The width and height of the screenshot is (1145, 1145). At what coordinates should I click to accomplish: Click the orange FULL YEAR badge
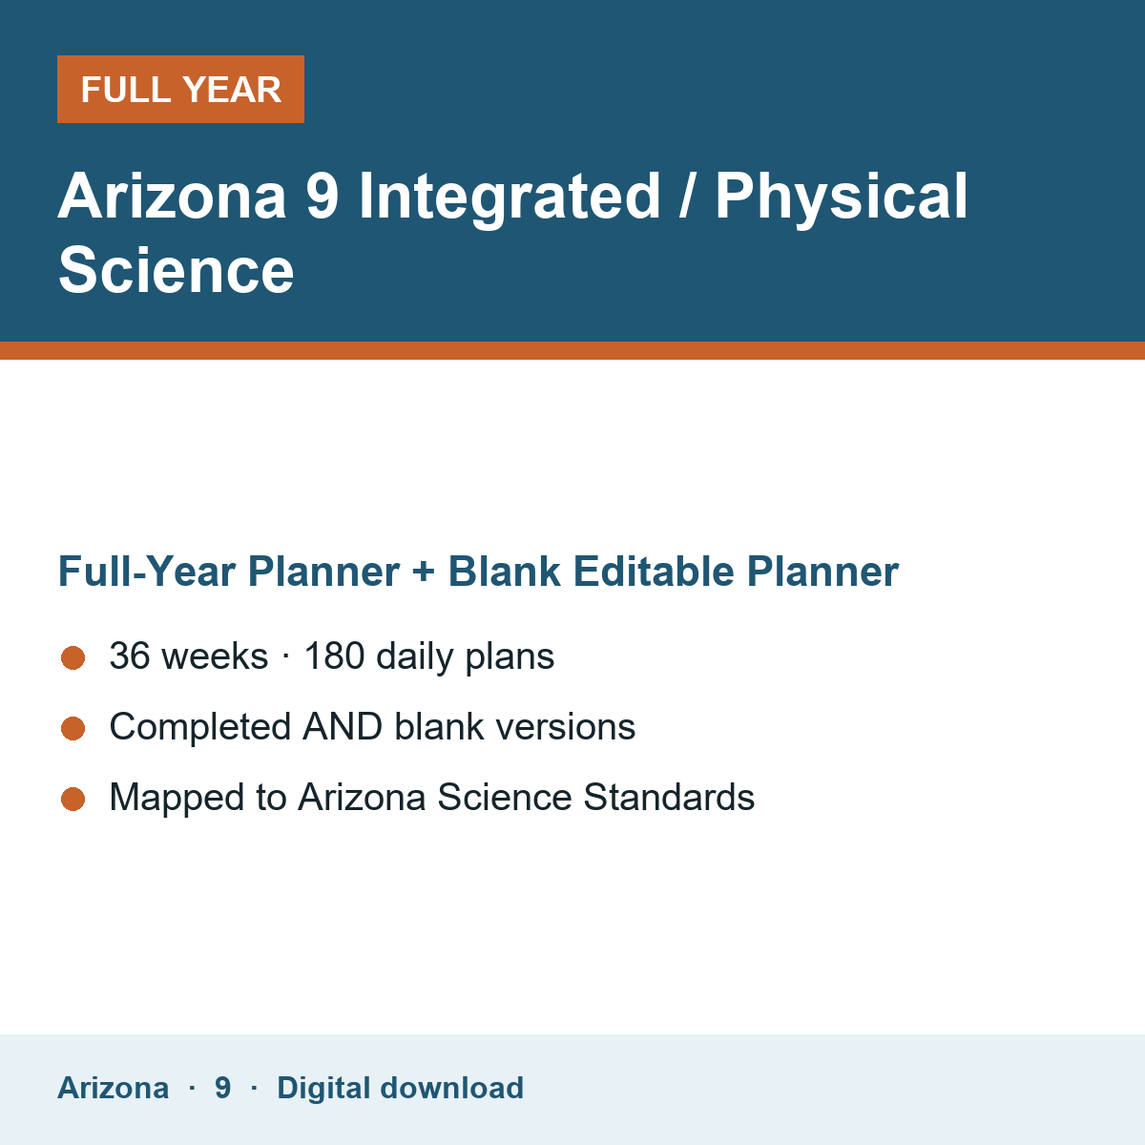(x=180, y=89)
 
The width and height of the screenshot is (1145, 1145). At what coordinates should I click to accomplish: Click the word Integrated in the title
(x=510, y=198)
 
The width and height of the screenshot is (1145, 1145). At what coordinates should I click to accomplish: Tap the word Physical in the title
(x=842, y=198)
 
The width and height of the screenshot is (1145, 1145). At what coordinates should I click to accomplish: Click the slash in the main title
(x=687, y=195)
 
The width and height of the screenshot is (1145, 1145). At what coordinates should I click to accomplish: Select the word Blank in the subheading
(x=504, y=572)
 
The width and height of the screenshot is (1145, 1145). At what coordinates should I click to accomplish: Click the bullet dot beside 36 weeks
(x=73, y=657)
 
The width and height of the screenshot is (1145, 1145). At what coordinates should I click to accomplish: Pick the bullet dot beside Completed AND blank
(x=73, y=728)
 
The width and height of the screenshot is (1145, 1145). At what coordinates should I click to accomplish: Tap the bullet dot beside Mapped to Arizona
(x=73, y=799)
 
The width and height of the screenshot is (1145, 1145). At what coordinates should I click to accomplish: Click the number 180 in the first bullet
(x=334, y=656)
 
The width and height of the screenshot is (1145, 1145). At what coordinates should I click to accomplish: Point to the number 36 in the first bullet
(x=130, y=656)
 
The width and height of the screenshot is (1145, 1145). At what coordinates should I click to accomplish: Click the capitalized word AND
(x=343, y=726)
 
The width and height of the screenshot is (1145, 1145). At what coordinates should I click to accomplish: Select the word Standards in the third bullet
(x=669, y=797)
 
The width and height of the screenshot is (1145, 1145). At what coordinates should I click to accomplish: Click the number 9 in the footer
(x=223, y=1088)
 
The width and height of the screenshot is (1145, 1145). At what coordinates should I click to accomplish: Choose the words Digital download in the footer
(x=401, y=1089)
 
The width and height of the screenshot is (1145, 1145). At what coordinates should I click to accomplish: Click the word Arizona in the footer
(x=113, y=1088)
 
